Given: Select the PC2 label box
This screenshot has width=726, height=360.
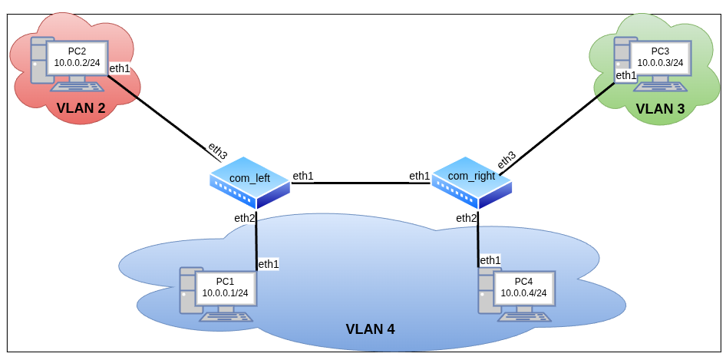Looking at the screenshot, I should coord(77,57).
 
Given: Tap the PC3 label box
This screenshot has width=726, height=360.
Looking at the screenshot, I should coord(660,57).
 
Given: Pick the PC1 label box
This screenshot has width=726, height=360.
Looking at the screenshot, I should coord(225,287).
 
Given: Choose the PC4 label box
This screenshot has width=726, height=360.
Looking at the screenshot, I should coord(523,287).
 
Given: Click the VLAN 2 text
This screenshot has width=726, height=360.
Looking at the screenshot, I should coord(81,108).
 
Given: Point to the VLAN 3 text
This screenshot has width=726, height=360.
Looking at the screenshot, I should coord(660,108).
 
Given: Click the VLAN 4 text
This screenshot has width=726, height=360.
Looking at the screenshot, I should coord(370,329).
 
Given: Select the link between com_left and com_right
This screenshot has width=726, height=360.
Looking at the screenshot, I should coord(361,183).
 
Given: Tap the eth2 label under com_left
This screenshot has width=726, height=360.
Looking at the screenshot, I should coord(244,218).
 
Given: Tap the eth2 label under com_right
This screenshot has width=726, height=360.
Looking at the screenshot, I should coord(466,218).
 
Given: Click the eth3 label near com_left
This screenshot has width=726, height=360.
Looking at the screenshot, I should coord(217,150).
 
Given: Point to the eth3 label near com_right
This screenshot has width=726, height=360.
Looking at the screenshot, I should coord(507,160).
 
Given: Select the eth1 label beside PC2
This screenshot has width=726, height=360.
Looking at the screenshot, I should coord(120,68).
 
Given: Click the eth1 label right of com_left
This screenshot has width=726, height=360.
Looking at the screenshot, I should coord(303,176).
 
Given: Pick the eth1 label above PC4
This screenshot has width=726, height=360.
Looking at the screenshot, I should coord(490,260).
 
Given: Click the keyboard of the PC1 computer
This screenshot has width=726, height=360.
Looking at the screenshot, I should coord(226,316).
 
